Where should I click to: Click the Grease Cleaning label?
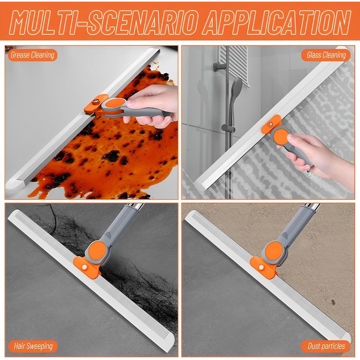tap(32, 55)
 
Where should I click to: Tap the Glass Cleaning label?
tap(326, 55)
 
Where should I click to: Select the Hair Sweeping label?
tap(33, 346)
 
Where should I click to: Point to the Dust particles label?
tap(326, 346)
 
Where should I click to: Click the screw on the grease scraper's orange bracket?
tap(96, 101)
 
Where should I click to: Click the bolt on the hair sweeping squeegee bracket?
tap(84, 267)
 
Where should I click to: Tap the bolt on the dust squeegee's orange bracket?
tap(261, 267)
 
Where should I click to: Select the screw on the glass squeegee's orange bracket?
tap(271, 124)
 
